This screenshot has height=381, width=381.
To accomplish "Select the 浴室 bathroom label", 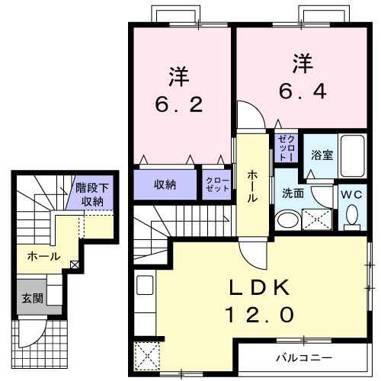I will tap(320, 155).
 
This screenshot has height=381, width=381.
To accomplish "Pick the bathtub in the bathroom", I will tap(352, 156).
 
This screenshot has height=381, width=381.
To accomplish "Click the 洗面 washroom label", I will tap(293, 194).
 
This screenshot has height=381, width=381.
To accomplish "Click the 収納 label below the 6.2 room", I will tap(166, 184).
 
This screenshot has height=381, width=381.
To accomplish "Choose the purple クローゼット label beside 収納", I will tap(217, 184).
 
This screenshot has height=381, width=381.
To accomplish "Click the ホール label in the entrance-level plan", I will tap(43, 256).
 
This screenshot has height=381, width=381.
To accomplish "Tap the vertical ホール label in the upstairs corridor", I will tap(252, 185).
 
